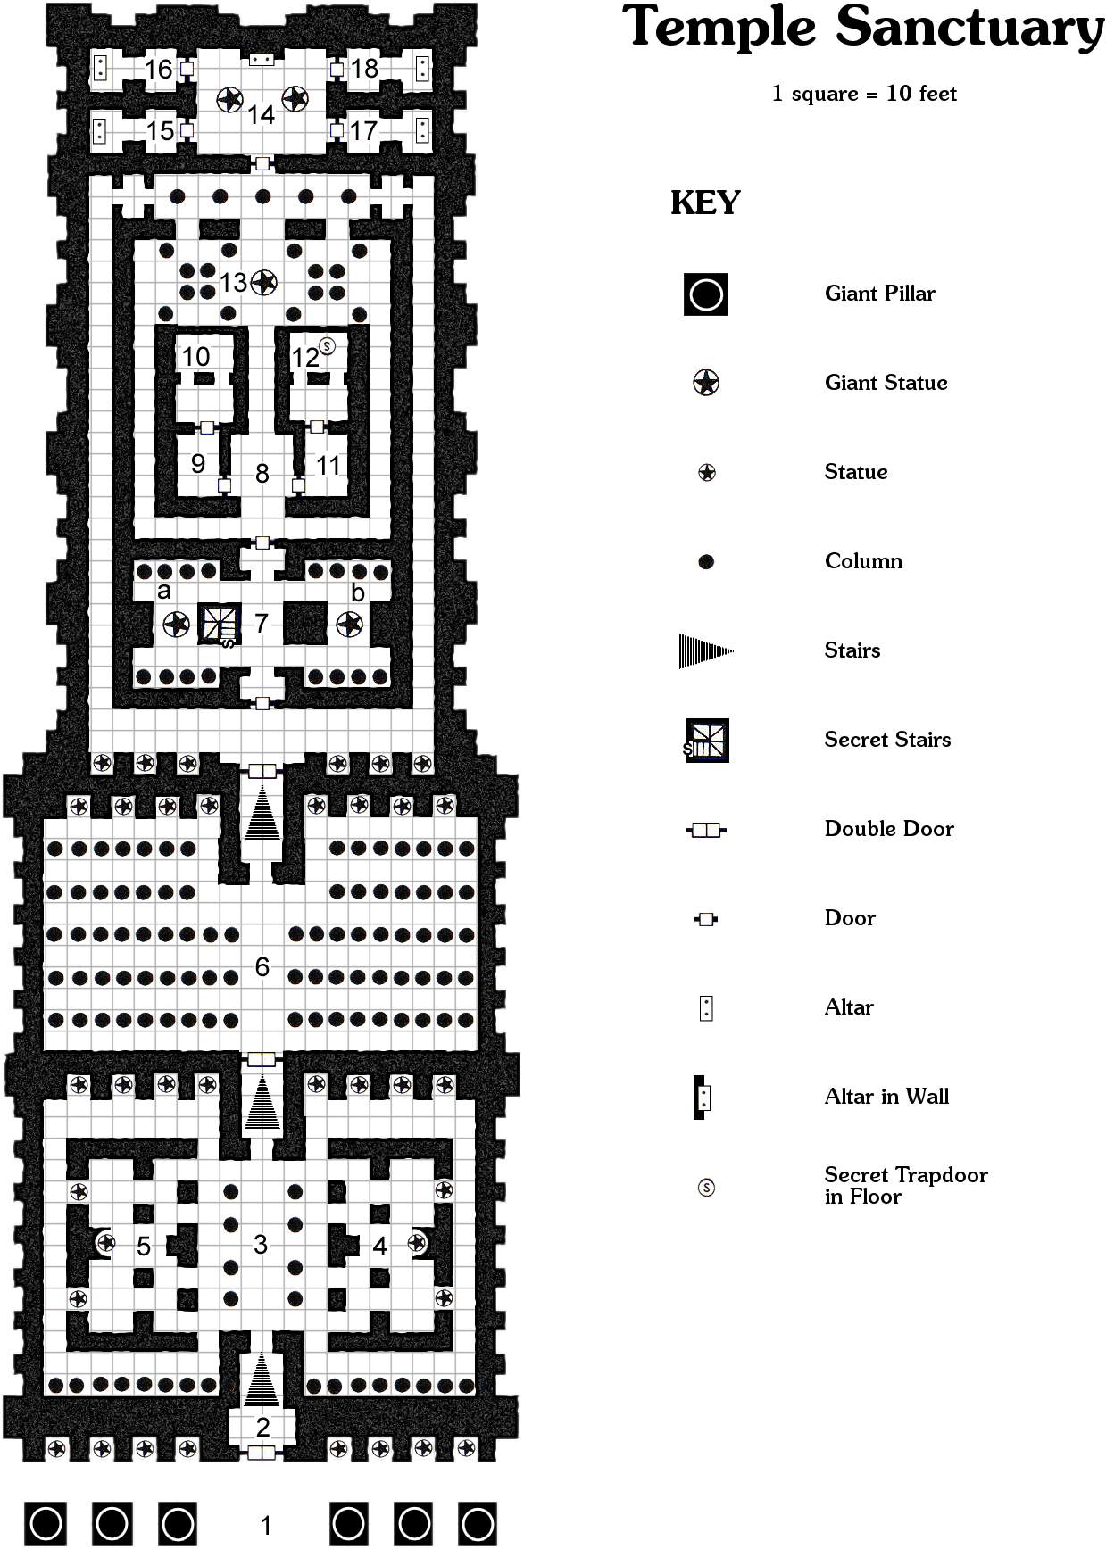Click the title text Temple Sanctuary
pos(862,29)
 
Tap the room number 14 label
pos(261,115)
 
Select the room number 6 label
pos(262,966)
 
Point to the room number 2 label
pos(262,1427)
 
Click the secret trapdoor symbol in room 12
pos(328,345)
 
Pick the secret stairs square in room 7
pos(219,623)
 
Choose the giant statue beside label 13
pos(263,283)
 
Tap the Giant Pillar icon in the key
pos(706,294)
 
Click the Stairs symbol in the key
pos(705,651)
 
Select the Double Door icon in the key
pos(706,830)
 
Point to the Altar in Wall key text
pos(886,1097)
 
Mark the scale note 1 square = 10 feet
pos(863,94)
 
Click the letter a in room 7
pos(163,591)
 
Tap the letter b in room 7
pos(357,592)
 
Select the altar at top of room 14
pos(261,60)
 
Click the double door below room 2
pos(262,1453)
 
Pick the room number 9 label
pos(198,463)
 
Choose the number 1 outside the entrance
pos(265,1525)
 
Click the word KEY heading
pos(705,203)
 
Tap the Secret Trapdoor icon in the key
pos(706,1188)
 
